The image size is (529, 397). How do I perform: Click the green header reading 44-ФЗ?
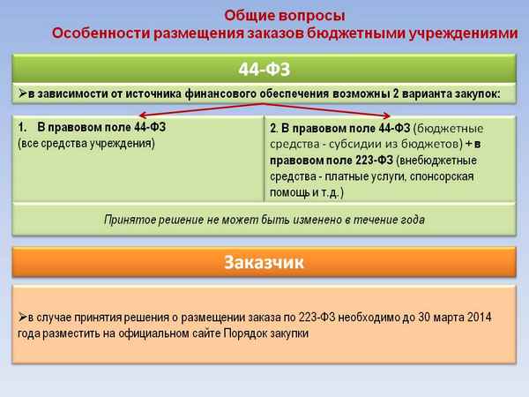[x=264, y=70]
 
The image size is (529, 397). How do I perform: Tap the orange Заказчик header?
[x=264, y=262]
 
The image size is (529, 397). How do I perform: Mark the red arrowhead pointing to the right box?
[x=389, y=116]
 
